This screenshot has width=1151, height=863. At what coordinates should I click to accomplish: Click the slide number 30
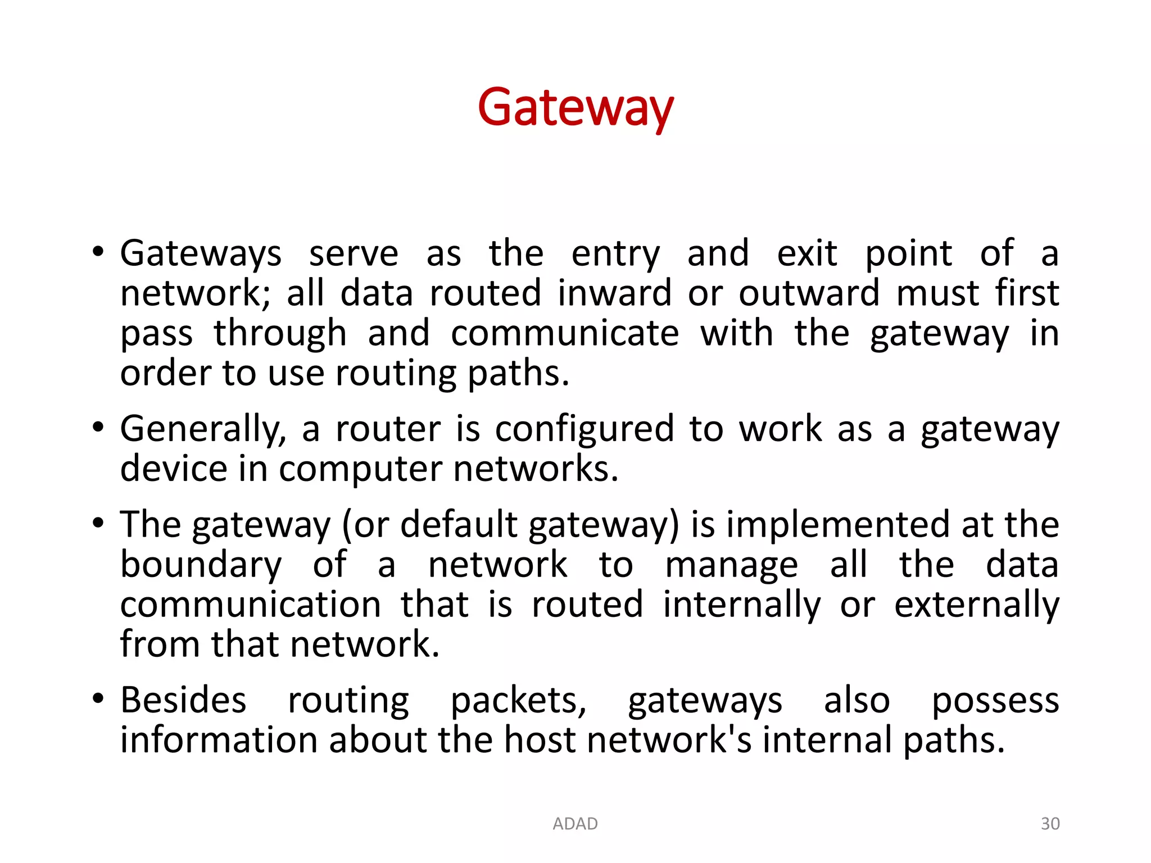pyautogui.click(x=1050, y=824)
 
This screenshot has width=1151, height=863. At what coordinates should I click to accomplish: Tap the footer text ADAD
pyautogui.click(x=575, y=824)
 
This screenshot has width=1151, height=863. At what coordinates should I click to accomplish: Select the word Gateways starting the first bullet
pyautogui.click(x=201, y=254)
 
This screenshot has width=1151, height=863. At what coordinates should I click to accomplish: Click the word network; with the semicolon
pyautogui.click(x=195, y=293)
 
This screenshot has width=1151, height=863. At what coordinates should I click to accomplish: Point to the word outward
pyautogui.click(x=809, y=293)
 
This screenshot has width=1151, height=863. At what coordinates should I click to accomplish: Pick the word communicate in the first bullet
pyautogui.click(x=565, y=333)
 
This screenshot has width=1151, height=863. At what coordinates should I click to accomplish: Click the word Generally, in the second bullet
pyautogui.click(x=203, y=430)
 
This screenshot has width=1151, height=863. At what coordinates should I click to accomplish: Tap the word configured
pyautogui.click(x=584, y=430)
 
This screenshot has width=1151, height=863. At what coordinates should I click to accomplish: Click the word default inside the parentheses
pyautogui.click(x=459, y=525)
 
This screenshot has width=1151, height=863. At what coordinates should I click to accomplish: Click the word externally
pyautogui.click(x=976, y=605)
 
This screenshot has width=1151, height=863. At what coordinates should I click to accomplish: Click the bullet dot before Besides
pyautogui.click(x=98, y=700)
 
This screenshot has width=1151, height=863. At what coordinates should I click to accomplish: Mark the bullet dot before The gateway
pyautogui.click(x=98, y=524)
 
